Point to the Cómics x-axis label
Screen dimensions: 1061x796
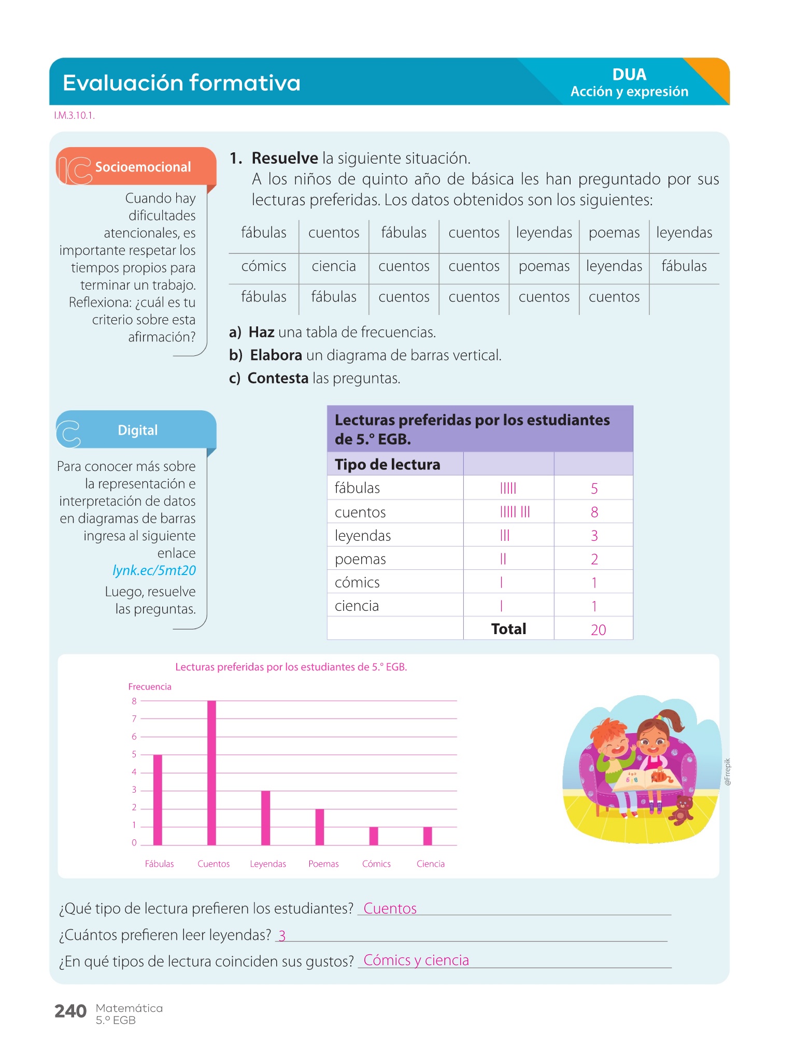(376, 864)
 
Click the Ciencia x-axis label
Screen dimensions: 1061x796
(430, 864)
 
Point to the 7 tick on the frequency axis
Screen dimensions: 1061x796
(134, 719)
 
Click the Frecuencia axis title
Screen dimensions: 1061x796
(150, 686)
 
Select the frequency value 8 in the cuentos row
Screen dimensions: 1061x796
(594, 512)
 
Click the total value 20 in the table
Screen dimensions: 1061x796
(598, 629)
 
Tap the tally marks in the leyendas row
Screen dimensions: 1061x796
(505, 536)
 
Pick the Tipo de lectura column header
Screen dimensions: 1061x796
(387, 464)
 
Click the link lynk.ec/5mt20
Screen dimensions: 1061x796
(154, 570)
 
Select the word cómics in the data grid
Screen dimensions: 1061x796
(264, 266)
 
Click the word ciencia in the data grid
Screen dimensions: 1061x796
(334, 266)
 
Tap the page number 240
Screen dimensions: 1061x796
(70, 1011)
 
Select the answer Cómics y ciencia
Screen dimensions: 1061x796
(416, 960)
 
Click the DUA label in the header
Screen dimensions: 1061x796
(629, 75)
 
